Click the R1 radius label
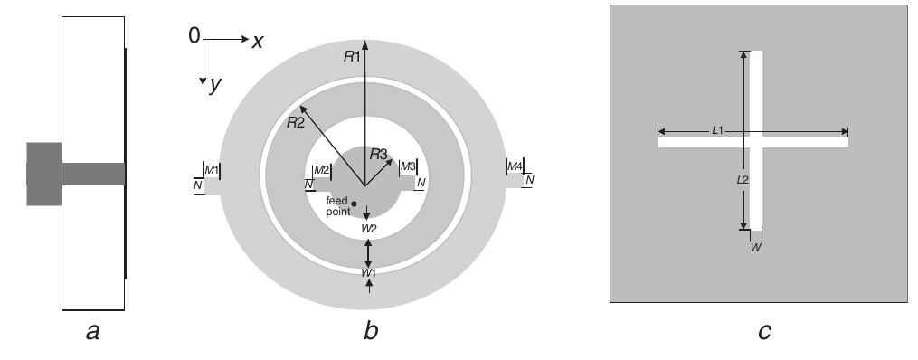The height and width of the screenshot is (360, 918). pyautogui.click(x=352, y=56)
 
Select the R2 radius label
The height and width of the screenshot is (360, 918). pyautogui.click(x=295, y=122)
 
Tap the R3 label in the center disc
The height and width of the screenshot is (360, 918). pyautogui.click(x=377, y=155)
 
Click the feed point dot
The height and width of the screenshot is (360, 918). pyautogui.click(x=355, y=204)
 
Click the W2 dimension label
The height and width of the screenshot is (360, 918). pyautogui.click(x=368, y=229)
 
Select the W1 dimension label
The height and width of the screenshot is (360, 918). pyautogui.click(x=368, y=272)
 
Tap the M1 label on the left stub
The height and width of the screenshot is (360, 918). pyautogui.click(x=212, y=169)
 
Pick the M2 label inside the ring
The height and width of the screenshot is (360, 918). pyautogui.click(x=321, y=170)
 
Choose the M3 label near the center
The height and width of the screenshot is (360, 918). pyautogui.click(x=408, y=166)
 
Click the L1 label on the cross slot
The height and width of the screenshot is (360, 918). pyautogui.click(x=717, y=130)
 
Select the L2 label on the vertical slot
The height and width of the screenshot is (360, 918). pyautogui.click(x=743, y=180)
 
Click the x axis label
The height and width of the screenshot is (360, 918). pyautogui.click(x=258, y=41)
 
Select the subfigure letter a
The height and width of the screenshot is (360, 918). pyautogui.click(x=91, y=333)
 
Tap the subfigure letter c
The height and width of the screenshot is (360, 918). pyautogui.click(x=764, y=333)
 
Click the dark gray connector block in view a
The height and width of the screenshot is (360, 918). pyautogui.click(x=43, y=174)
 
